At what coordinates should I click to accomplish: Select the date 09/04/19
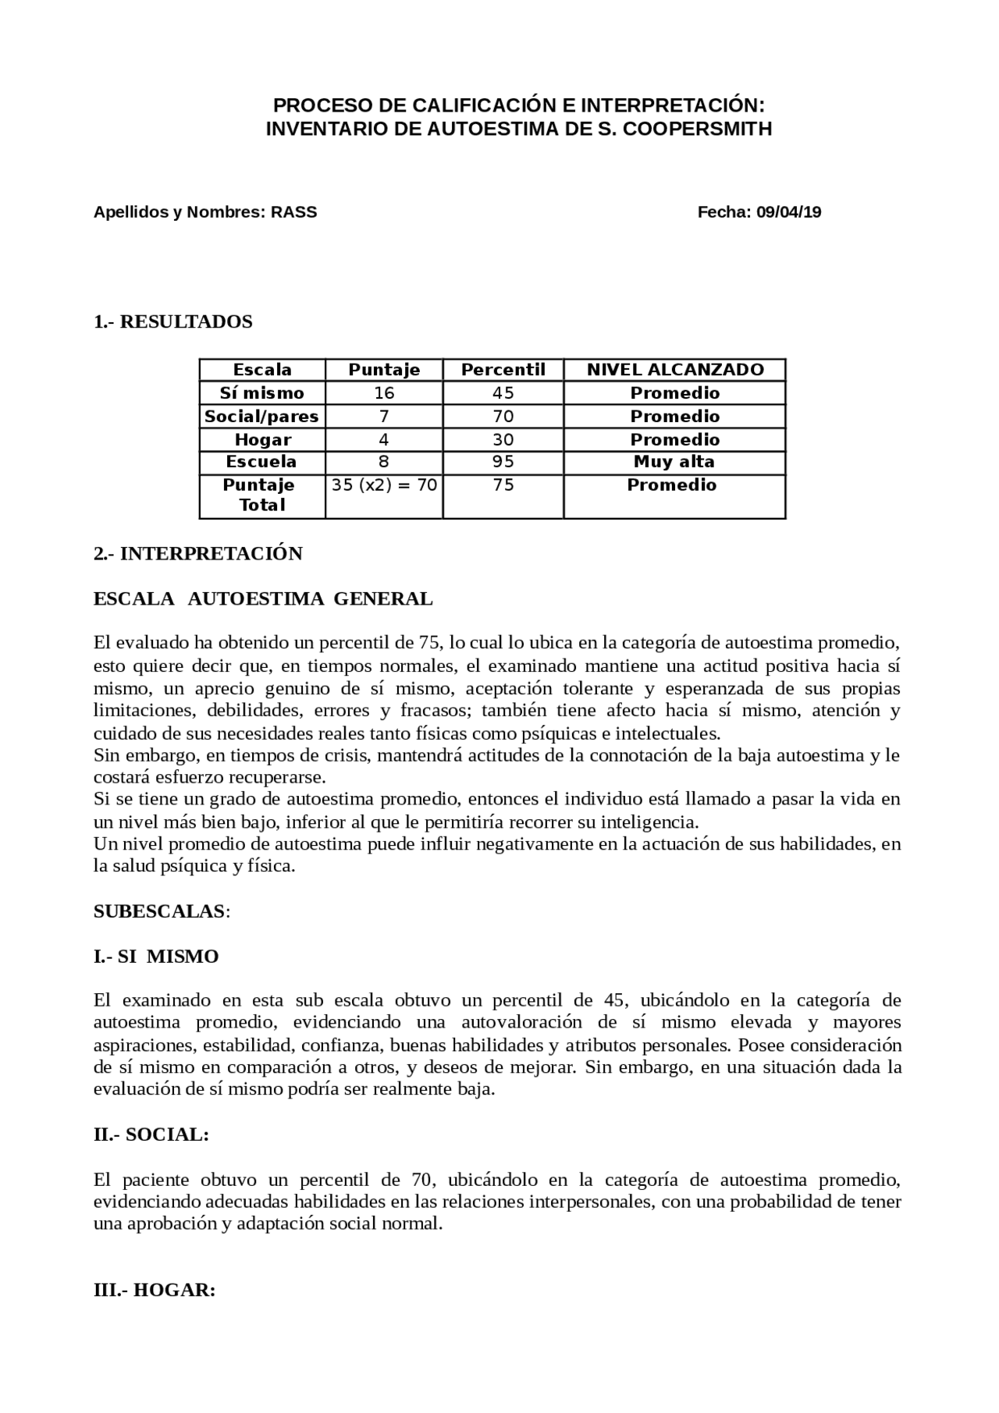788,212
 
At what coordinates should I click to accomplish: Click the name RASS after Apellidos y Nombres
294,212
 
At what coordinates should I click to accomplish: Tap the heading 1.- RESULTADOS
172,322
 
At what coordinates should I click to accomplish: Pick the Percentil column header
503,370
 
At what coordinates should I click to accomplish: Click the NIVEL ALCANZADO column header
675,370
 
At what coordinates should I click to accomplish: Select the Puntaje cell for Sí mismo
384,393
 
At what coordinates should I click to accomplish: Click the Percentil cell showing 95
503,462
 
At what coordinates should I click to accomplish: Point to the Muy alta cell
674,462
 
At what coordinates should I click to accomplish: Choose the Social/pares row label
261,417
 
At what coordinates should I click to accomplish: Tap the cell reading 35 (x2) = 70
384,485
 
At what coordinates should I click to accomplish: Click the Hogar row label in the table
262,440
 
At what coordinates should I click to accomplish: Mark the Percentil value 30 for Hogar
503,440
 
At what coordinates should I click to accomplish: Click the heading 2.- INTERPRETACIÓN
197,554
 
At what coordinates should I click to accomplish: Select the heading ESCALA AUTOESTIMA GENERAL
262,599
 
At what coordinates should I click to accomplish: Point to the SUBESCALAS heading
160,911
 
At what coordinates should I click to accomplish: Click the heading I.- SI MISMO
156,957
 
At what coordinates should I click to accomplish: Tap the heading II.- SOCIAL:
151,1135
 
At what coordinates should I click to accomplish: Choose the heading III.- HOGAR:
154,1291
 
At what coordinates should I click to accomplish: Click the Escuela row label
261,462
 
